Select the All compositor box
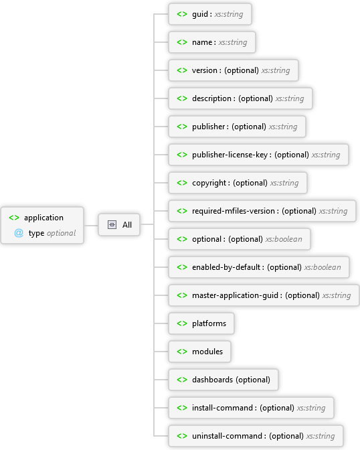(x=120, y=225)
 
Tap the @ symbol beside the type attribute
(x=19, y=233)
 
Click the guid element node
(x=209, y=14)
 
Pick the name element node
(x=211, y=42)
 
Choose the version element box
(x=232, y=70)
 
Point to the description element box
(x=240, y=98)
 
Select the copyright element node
(x=237, y=183)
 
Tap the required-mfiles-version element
(x=261, y=211)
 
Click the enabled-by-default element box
(x=258, y=267)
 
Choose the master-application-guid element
(x=262, y=295)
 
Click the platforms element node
(x=201, y=323)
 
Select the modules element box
(x=199, y=352)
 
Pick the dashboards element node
(x=223, y=380)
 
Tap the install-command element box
(x=250, y=408)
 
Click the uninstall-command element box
(x=255, y=436)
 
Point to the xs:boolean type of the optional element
(x=284, y=239)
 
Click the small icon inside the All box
(x=112, y=225)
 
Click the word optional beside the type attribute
(x=61, y=233)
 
